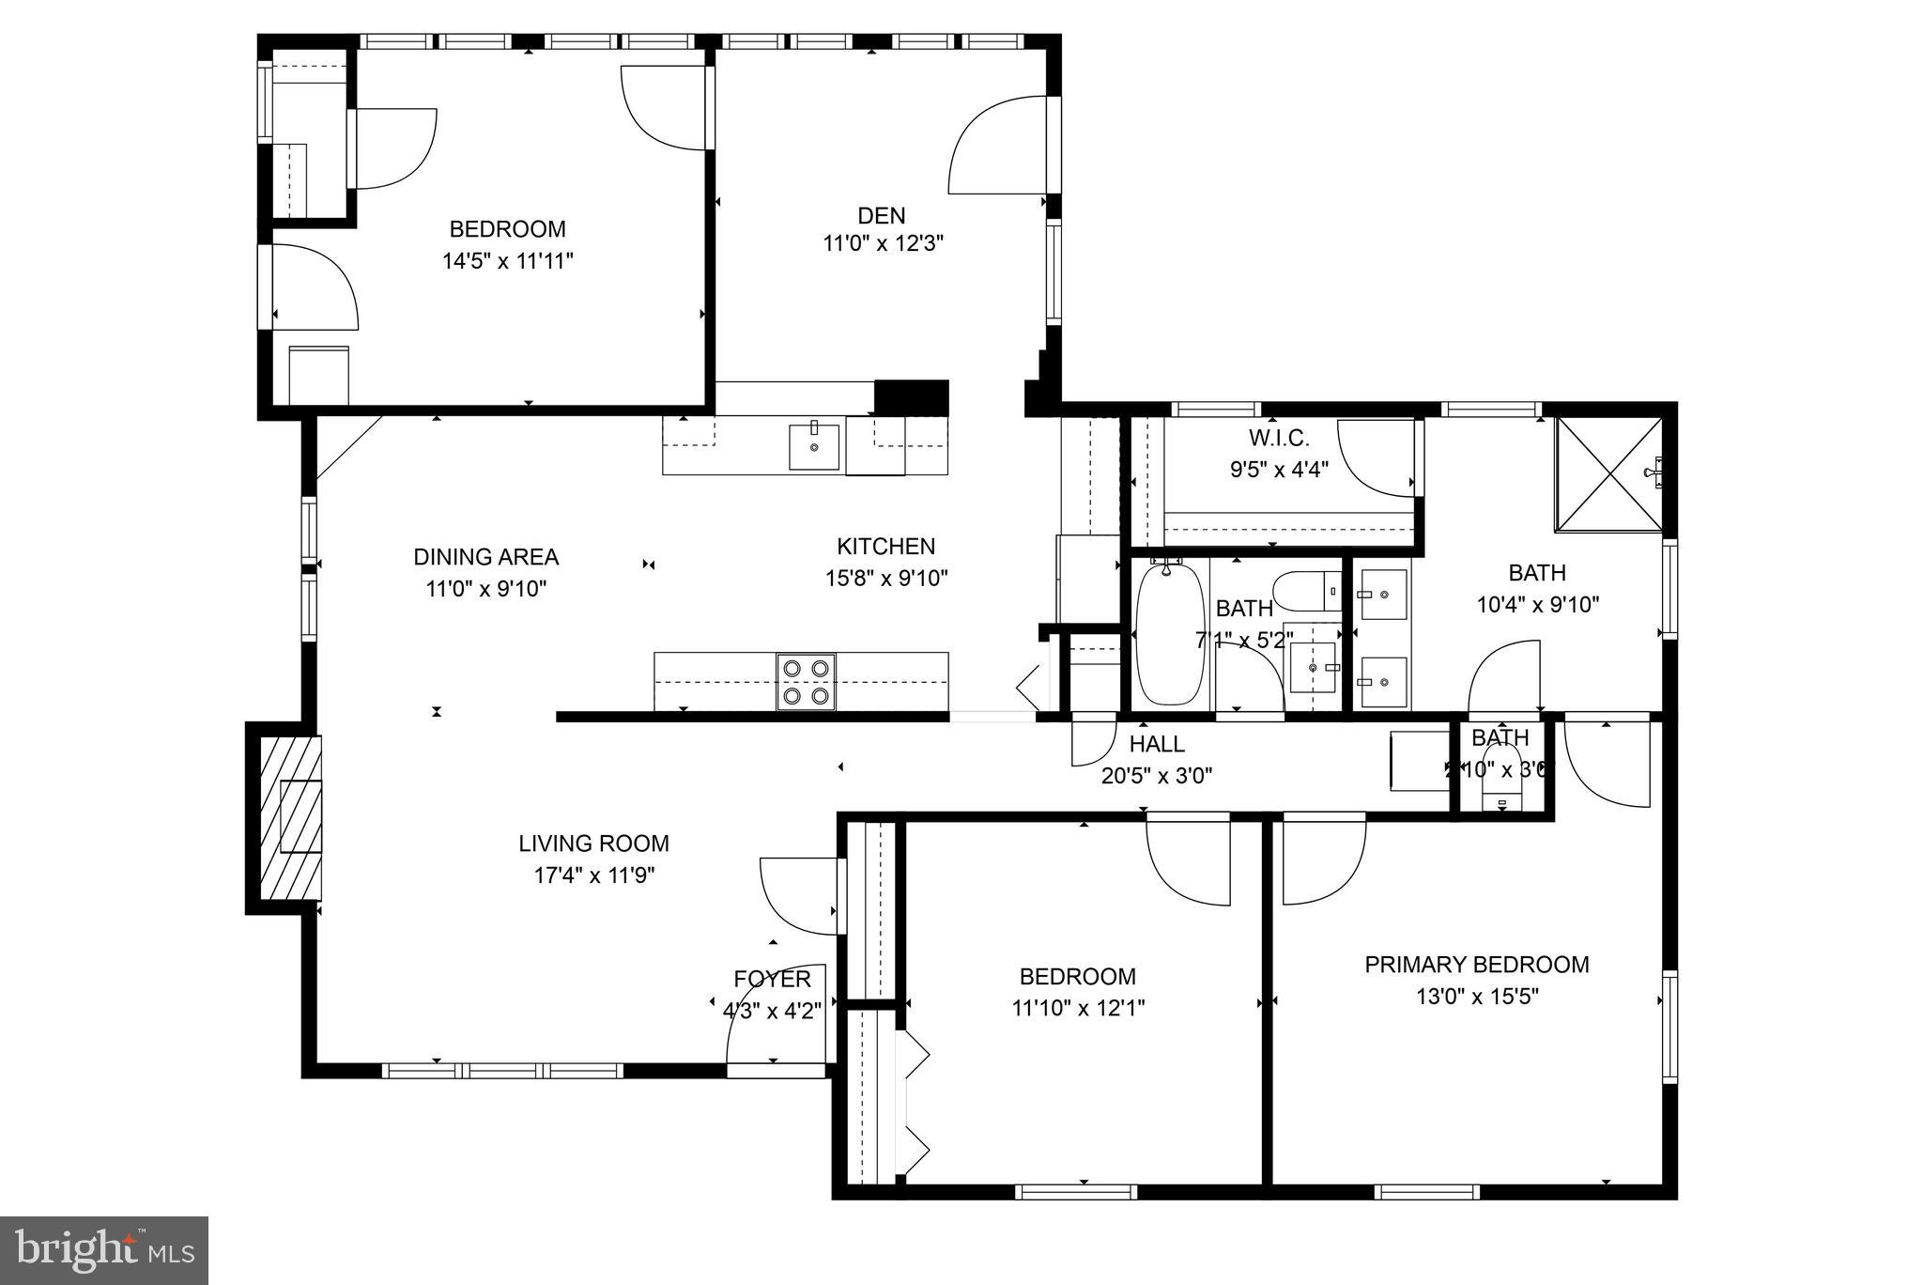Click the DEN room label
click(x=881, y=214)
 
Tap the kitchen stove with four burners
click(x=807, y=681)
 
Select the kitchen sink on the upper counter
click(x=813, y=445)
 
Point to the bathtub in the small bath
click(x=1169, y=634)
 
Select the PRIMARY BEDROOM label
click(x=1476, y=965)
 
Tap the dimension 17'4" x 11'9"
click(x=593, y=875)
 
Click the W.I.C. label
click(x=1278, y=438)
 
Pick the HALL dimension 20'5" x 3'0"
click(x=1156, y=776)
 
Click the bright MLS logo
click(x=104, y=1250)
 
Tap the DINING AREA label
click(x=485, y=557)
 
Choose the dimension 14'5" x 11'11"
click(x=507, y=261)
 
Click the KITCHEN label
click(x=885, y=547)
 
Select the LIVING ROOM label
click(x=593, y=844)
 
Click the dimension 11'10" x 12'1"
click(x=1077, y=1009)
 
